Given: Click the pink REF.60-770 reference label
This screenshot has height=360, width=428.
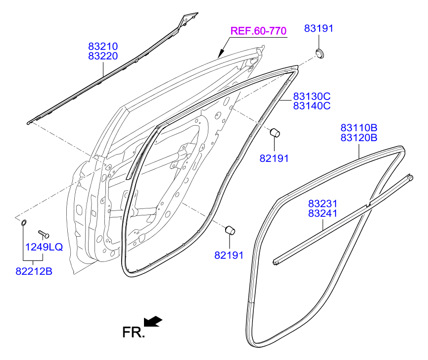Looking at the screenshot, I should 258,31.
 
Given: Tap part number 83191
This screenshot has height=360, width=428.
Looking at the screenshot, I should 319,29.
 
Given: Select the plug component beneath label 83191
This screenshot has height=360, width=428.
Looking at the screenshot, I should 320,53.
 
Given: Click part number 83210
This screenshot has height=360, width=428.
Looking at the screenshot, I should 103,47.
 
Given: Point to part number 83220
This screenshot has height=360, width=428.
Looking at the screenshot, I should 103,56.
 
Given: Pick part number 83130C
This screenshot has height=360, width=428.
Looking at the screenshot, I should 312,96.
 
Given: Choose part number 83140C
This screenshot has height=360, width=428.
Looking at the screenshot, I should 312,105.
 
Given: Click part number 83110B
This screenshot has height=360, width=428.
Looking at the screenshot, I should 359,128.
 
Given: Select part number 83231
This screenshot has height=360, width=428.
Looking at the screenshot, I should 323,204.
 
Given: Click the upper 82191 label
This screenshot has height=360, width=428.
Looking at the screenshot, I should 274,158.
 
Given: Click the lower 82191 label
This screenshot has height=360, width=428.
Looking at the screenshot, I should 229,255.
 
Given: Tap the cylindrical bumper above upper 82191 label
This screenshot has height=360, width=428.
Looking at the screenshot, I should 275,132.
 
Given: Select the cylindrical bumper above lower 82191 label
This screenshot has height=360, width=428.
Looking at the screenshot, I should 230,230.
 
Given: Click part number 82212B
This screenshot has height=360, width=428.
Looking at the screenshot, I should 34,271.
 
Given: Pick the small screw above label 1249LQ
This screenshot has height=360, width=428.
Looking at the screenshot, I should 43,232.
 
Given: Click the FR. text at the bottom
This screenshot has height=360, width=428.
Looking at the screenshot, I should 134,332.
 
